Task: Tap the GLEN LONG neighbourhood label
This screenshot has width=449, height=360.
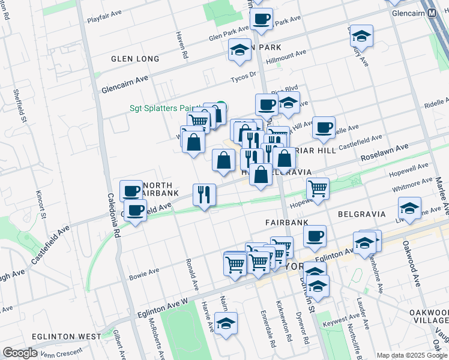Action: coord(135,59)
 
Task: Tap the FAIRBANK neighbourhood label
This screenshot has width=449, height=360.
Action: coord(286,222)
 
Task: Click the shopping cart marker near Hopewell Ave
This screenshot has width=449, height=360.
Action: coord(318,188)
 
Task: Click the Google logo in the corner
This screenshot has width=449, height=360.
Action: coord(20,353)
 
